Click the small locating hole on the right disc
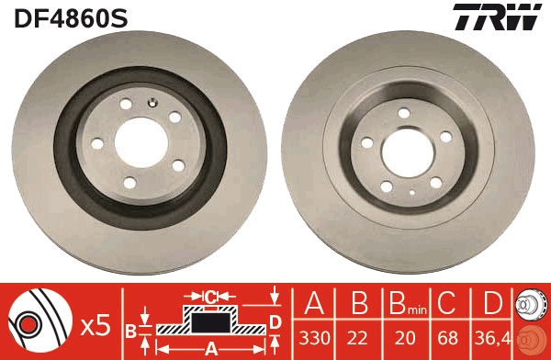[412, 194]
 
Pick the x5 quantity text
[96, 324]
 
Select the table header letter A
[314, 303]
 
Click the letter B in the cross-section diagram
[131, 331]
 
